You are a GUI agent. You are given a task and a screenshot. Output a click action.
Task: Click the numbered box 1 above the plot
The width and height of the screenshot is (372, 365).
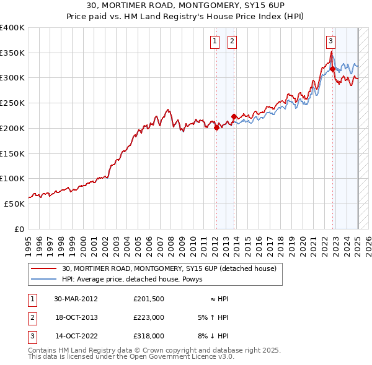coord(215,41)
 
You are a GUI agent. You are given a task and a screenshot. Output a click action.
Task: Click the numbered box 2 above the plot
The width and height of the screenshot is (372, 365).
coord(231,41)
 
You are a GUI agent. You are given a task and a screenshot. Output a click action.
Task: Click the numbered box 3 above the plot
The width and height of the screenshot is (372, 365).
coord(330,41)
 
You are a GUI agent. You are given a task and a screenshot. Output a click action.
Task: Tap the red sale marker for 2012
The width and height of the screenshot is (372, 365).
coord(216,128)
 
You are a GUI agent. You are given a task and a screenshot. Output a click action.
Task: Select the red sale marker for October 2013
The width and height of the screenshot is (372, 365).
coord(234,116)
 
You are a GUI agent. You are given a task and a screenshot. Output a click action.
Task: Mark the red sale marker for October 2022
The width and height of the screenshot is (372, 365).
coord(333,69)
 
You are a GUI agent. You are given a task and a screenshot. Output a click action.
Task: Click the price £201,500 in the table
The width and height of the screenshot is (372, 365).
coord(148,298)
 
